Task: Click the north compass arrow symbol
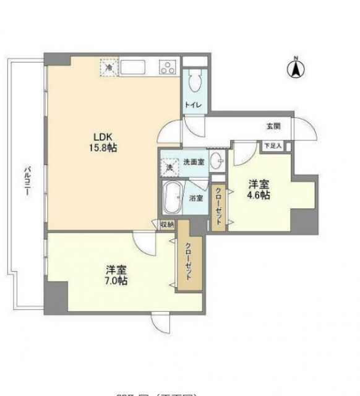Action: point(296,68)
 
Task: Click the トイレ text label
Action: point(192,106)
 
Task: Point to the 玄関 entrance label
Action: point(273,126)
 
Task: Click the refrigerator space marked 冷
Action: point(109,67)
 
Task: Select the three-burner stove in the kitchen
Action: point(168,67)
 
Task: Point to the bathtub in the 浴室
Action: point(172,197)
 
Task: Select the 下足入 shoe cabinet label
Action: point(272,146)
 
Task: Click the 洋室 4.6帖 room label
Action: point(259,189)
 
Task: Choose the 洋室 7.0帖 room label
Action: point(116,275)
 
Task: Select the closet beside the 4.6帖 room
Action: point(218,209)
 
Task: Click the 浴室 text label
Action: point(196,199)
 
